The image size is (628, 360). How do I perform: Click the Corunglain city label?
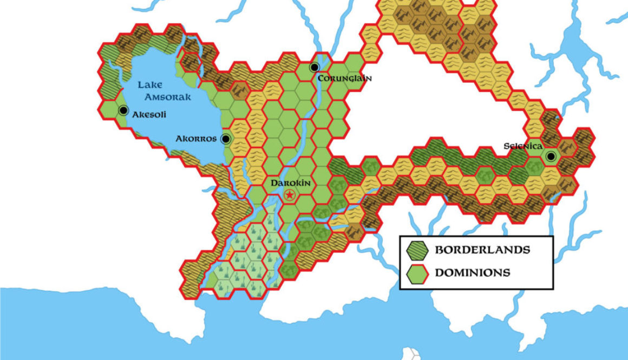click(x=344, y=78)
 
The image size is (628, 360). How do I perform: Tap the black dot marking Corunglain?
click(x=315, y=68)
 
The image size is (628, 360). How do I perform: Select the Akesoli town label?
click(x=149, y=114)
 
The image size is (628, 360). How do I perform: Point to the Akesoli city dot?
click(x=123, y=110)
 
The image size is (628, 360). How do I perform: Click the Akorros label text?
click(x=196, y=139)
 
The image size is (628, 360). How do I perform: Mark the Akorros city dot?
click(x=226, y=139)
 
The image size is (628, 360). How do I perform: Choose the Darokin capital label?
click(x=290, y=183)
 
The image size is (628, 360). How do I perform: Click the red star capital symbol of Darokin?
click(x=290, y=195)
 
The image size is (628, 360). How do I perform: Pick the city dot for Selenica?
click(x=551, y=157)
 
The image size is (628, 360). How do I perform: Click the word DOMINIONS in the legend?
click(x=473, y=272)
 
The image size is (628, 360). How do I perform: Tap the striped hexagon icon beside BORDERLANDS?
click(x=417, y=251)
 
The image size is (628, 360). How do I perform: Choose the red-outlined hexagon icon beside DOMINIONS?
click(x=417, y=273)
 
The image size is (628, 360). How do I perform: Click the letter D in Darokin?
click(x=273, y=183)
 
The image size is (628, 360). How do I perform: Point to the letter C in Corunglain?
click(x=321, y=78)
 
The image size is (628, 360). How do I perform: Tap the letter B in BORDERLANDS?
click(x=439, y=250)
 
